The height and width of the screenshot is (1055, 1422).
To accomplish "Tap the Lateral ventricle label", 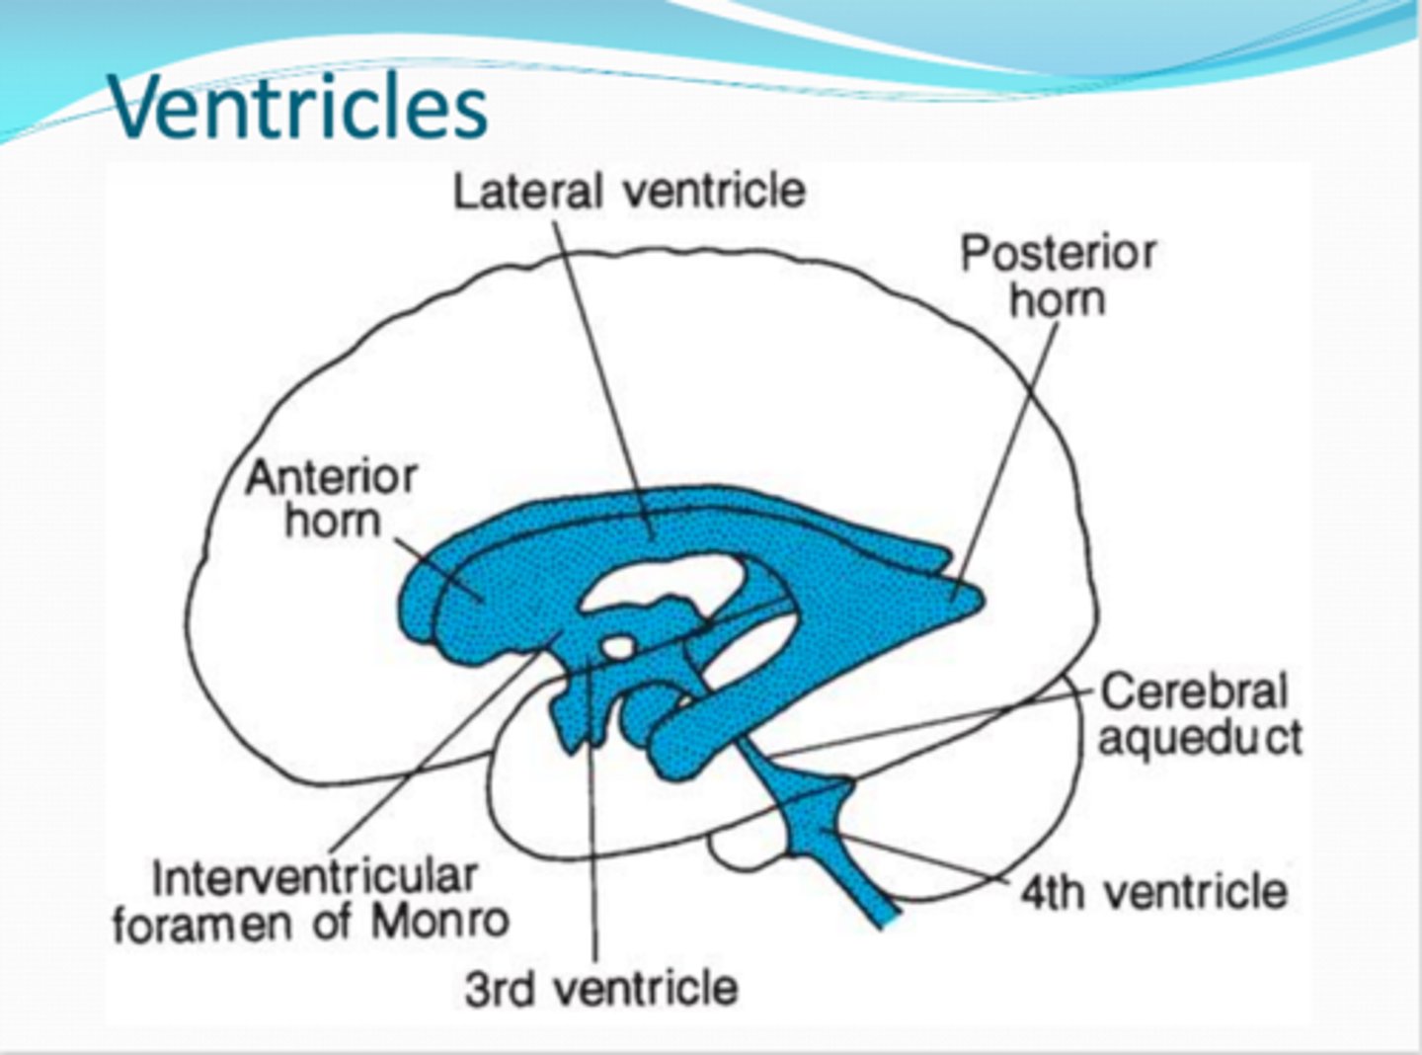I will [x=629, y=191].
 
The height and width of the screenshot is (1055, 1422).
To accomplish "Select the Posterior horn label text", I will [x=1058, y=276].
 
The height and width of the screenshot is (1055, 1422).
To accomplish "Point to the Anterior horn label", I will [x=331, y=499].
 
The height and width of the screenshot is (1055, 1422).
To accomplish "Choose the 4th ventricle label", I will [x=1153, y=892].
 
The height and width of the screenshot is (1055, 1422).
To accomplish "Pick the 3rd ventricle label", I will [x=601, y=987].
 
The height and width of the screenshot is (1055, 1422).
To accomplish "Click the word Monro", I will [x=440, y=923].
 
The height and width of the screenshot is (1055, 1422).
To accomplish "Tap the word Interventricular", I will [x=315, y=877].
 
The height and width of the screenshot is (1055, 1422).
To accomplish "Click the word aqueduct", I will [x=1201, y=738].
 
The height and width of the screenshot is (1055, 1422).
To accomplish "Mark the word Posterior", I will [x=1058, y=253].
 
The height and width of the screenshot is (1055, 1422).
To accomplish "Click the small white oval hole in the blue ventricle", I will [x=618, y=647].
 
